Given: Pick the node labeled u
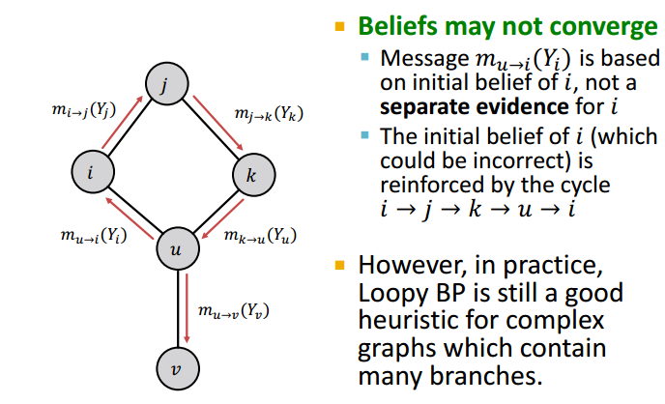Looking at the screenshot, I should click(176, 249).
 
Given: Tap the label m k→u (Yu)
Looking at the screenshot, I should click(260, 234).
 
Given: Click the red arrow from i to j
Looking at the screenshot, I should click(123, 125).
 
